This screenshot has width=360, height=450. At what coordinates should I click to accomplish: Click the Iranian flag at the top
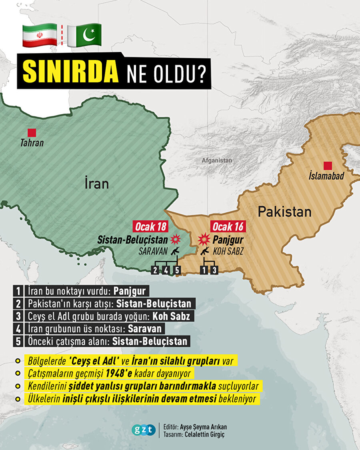click(x=39, y=34)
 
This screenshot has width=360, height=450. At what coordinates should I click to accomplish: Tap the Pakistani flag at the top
click(x=84, y=34)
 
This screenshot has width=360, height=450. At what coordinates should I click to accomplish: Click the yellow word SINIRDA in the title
click(x=71, y=72)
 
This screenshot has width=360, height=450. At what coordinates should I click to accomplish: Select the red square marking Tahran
click(x=32, y=132)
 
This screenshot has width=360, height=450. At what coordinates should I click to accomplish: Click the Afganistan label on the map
click(x=216, y=160)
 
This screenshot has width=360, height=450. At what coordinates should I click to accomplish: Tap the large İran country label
click(x=96, y=184)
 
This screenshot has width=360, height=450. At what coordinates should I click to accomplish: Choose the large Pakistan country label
click(x=284, y=212)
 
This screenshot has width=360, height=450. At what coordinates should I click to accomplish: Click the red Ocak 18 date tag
click(x=150, y=227)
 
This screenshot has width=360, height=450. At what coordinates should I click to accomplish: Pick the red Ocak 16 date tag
click(x=228, y=227)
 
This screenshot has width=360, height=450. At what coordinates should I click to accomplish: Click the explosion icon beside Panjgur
click(x=204, y=239)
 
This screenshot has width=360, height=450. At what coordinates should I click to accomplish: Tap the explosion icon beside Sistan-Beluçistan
click(x=176, y=240)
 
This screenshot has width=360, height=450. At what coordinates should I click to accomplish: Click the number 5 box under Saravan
click(x=178, y=270)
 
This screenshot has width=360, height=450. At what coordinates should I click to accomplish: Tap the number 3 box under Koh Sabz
click(x=215, y=270)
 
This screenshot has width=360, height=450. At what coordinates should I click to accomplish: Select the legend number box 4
click(x=19, y=328)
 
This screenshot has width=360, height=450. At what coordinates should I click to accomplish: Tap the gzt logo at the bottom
click(x=143, y=430)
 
